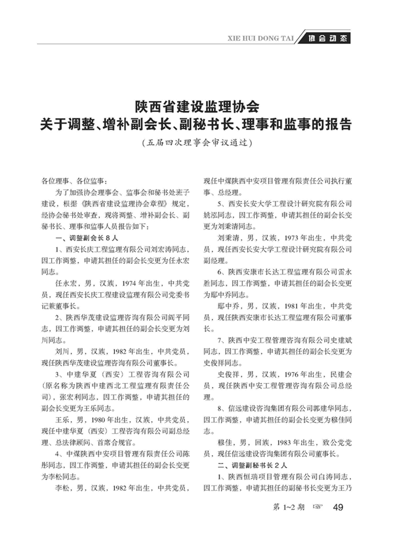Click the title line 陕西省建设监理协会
[196, 106]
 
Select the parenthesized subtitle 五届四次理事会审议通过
[196, 142]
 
